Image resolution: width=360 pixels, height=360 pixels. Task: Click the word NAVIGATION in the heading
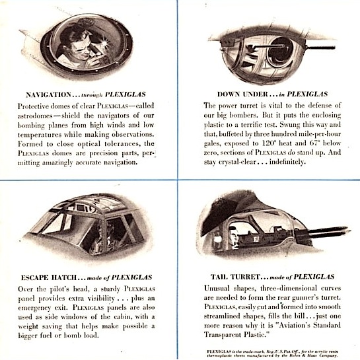[49, 94]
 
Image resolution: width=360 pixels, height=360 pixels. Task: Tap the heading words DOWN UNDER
[242, 94]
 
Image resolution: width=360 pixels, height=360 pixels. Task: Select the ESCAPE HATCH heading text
[49, 277]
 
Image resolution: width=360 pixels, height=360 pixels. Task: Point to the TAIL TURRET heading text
[235, 277]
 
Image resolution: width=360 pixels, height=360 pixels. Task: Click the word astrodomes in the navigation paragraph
[35, 116]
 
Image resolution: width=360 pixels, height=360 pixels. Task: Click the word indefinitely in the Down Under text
[287, 162]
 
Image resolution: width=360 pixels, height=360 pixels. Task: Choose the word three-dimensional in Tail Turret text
[283, 288]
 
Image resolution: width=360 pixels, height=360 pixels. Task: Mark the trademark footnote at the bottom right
[272, 353]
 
